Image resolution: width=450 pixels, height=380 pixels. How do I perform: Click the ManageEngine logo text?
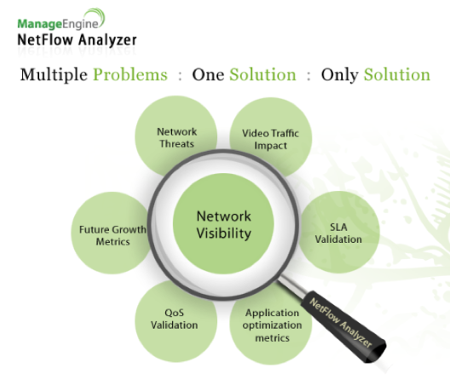[58, 24]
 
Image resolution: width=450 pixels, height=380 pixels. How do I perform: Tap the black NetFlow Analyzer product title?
[77, 40]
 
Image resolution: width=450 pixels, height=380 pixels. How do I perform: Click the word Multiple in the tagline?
[54, 75]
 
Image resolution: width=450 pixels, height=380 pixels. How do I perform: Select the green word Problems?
[130, 75]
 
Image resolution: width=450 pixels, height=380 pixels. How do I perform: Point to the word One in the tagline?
[208, 75]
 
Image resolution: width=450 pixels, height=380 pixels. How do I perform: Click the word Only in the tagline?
[339, 75]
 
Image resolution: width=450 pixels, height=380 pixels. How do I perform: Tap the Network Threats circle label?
[176, 138]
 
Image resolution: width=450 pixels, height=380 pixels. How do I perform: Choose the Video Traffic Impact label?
[270, 139]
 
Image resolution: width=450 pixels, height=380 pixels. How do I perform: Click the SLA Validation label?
[338, 233]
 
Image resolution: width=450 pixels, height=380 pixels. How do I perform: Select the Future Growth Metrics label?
[112, 235]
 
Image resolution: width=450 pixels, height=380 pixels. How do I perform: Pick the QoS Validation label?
[174, 319]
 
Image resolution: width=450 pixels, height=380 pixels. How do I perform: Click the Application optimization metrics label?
[272, 325]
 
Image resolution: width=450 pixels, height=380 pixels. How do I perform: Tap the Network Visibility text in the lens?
[224, 224]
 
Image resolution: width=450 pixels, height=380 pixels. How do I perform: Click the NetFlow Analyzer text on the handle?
[341, 323]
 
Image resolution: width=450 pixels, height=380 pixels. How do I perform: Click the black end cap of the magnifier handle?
[375, 352]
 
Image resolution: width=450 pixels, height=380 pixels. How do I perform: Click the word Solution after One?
[262, 75]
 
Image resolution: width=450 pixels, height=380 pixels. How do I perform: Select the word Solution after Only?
[397, 75]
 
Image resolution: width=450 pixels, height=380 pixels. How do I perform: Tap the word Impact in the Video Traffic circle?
[270, 146]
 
